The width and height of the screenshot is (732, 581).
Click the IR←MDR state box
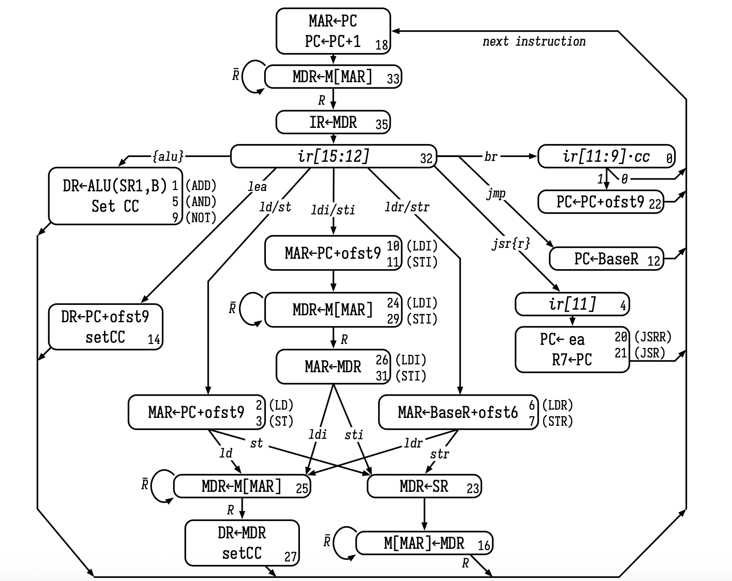tap(333, 122)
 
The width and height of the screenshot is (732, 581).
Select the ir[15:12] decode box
tap(333, 156)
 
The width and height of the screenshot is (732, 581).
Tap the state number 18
tap(382, 45)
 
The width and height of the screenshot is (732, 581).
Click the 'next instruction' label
tap(534, 42)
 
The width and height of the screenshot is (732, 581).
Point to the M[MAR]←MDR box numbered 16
tap(424, 543)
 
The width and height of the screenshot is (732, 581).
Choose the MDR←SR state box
tap(424, 486)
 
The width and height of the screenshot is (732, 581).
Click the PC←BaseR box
tap(606, 259)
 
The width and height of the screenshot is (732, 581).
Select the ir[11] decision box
tap(572, 304)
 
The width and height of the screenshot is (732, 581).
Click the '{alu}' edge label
tap(168, 156)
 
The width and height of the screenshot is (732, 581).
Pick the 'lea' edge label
tap(257, 187)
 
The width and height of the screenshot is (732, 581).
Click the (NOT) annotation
tap(201, 217)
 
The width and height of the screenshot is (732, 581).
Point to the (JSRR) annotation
tap(653, 337)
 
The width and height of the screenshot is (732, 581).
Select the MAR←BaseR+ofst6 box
tap(458, 412)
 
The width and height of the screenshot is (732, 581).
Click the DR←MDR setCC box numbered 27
tap(242, 543)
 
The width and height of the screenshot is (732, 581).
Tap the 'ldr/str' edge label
tap(407, 207)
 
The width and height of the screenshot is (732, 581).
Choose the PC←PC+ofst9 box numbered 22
tap(601, 202)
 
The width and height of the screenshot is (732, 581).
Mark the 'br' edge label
tap(490, 157)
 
